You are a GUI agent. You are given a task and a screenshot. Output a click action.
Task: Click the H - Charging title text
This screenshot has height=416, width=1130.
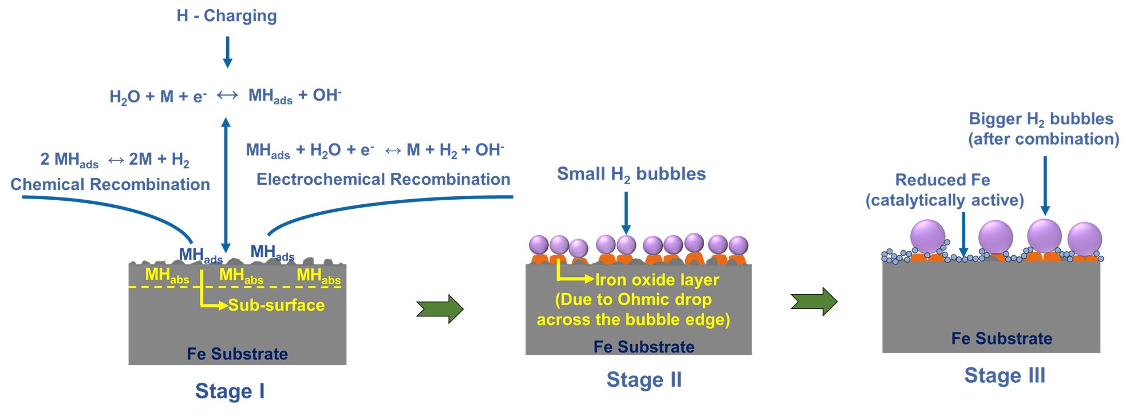coord(227,15)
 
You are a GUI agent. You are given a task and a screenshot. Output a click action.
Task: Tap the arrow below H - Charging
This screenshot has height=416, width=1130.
coord(227,52)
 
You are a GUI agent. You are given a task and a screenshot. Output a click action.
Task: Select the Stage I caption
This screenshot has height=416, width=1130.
coord(230,391)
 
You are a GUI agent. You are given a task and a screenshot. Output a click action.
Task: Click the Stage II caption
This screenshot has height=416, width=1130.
coord(644,379)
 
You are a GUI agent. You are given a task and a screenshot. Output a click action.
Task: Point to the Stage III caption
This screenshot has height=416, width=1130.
coord(1005,375)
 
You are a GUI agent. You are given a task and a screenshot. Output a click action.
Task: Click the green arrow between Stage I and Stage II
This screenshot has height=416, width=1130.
coord(440,309)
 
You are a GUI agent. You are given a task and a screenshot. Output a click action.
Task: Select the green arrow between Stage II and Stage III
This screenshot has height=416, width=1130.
coord(813,301)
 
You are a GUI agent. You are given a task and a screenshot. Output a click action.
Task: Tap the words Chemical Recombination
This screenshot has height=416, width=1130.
coord(110,184)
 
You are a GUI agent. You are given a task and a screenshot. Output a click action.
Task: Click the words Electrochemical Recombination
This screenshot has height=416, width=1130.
coord(383,179)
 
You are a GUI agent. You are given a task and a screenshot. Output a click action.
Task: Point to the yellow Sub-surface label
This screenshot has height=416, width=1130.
coord(276,305)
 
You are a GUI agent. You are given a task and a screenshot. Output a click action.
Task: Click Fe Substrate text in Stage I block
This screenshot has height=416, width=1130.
coord(237,354)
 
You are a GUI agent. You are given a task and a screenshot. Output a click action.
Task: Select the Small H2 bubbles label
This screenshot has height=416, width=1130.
coord(631,174)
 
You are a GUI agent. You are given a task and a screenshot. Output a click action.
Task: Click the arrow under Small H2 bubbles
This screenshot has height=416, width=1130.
coord(626,213)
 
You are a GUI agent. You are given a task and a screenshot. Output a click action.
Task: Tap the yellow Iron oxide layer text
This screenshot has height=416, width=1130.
coord(657,280)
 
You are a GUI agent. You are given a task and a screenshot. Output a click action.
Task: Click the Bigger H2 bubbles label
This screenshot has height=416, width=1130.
coord(1041,119)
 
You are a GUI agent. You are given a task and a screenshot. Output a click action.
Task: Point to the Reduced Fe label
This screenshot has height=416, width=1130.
coord(942,180)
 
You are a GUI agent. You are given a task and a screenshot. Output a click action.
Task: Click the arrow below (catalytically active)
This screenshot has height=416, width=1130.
coord(963,235)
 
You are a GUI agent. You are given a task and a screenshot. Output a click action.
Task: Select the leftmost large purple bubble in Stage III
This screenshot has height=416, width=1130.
coord(927,236)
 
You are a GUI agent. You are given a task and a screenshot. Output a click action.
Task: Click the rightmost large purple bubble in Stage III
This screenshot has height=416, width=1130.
coord(1084,239)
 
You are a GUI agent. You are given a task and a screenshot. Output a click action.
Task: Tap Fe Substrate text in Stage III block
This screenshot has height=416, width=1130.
coord(1001,338)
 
